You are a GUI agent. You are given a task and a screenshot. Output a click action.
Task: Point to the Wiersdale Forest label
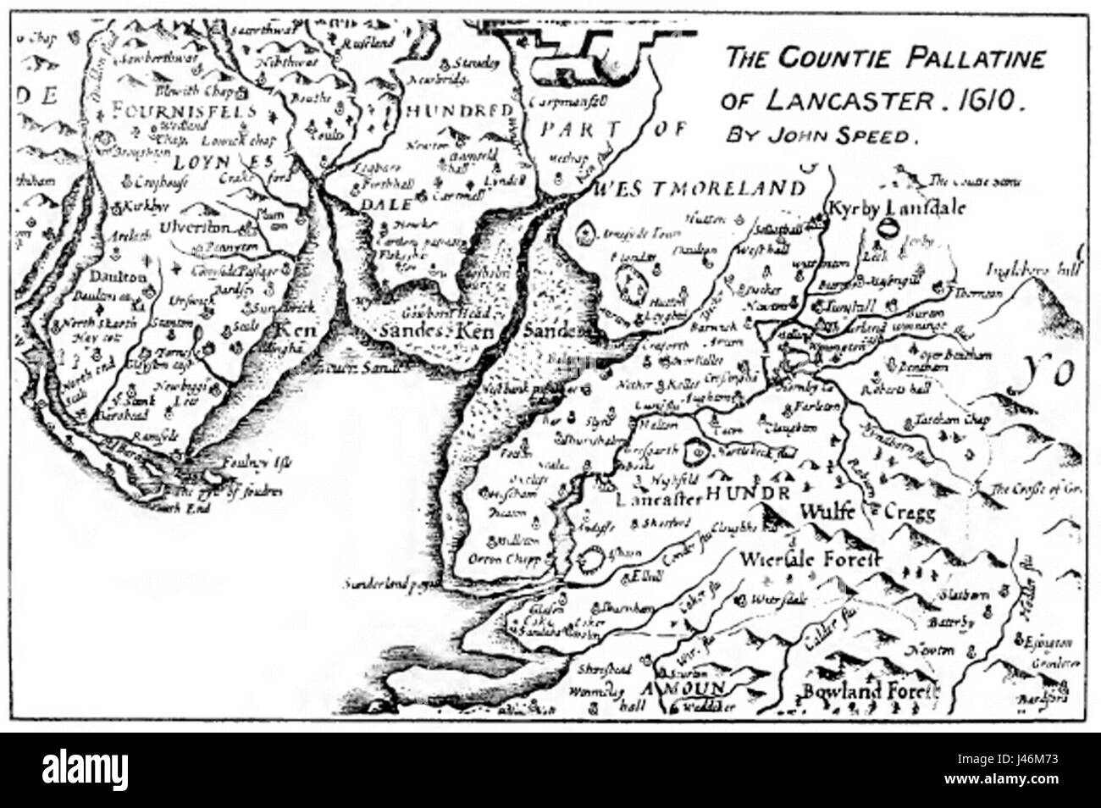tap(811, 560)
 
